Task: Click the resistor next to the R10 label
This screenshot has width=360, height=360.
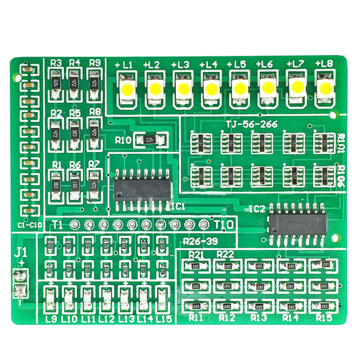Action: tap(150, 140)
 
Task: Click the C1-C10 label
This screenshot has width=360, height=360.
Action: tap(29, 225)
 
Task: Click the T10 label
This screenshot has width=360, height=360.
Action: tap(224, 224)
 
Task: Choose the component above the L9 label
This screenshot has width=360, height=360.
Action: tap(51, 297)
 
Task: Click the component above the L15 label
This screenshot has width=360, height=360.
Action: tap(162, 297)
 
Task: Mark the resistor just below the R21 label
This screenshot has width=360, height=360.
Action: tap(196, 266)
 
